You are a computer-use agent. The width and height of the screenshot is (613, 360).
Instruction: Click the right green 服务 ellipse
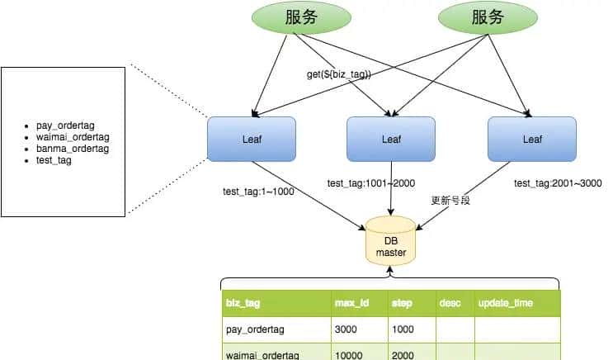pos(485,17)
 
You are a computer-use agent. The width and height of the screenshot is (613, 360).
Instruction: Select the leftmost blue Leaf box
pos(251,139)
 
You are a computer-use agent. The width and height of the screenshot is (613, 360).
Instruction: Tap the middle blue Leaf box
pos(391,139)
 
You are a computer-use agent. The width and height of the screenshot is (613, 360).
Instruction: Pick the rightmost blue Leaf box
pos(532,139)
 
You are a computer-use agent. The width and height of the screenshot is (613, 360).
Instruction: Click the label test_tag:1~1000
pos(258,191)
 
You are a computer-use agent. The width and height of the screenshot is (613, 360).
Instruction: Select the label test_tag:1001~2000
pos(370,183)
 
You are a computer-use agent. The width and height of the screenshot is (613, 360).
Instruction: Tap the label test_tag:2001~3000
pos(558,183)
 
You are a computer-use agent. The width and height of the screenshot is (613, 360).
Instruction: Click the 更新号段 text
pos(450,201)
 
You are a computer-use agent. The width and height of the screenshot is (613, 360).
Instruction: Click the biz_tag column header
pos(243,303)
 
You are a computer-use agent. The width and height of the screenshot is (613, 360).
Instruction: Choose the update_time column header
pos(506,303)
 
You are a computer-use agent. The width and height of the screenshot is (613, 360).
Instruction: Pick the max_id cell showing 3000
pos(347,329)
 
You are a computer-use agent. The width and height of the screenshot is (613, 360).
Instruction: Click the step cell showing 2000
pos(404,355)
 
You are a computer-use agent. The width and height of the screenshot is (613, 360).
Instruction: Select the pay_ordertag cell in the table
pos(255,329)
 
